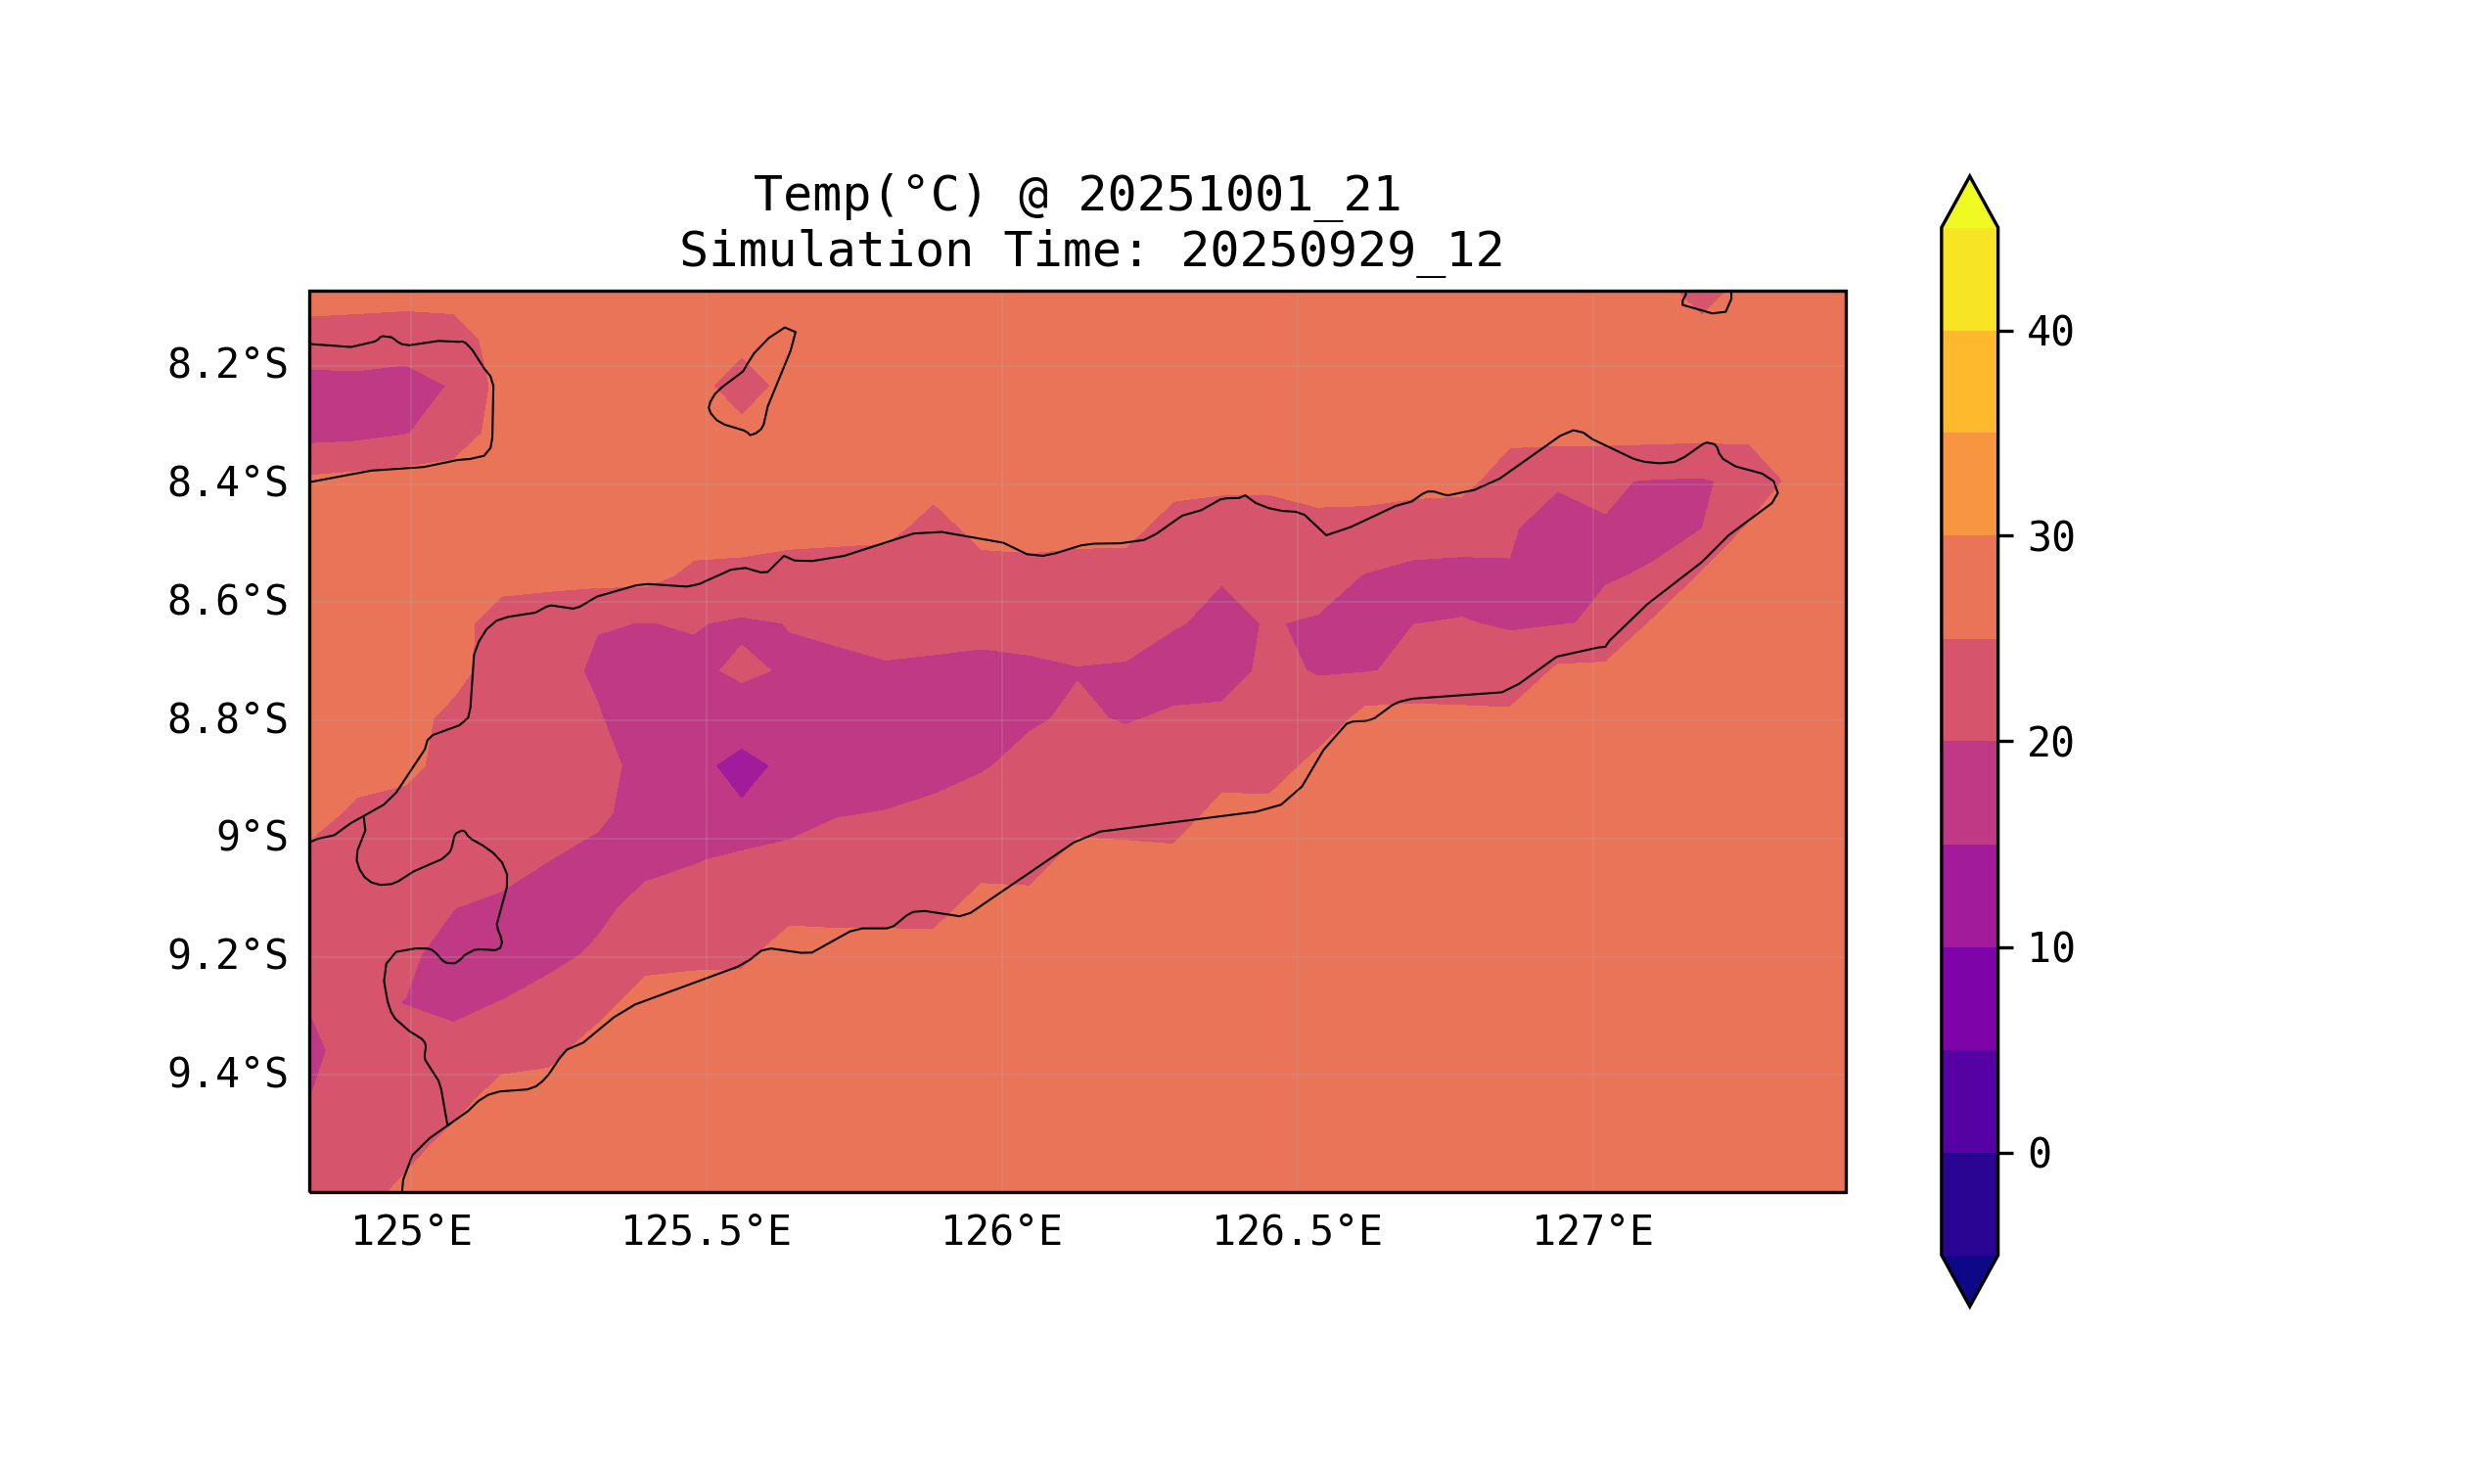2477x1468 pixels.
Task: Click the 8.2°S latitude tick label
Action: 226,365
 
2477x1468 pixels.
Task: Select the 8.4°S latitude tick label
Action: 226,483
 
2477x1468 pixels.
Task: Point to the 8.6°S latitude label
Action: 226,602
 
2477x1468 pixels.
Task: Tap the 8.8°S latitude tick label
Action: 226,720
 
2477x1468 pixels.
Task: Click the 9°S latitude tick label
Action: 252,838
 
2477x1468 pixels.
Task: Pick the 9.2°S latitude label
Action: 226,955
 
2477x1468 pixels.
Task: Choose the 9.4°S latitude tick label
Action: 226,1074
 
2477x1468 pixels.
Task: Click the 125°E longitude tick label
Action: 411,1232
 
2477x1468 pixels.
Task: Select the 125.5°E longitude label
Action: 706,1232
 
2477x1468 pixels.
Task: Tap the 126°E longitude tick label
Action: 1001,1232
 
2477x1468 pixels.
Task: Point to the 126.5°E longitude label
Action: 1296,1232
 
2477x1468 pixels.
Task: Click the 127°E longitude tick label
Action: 1591,1232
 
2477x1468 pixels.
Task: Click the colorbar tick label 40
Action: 2050,333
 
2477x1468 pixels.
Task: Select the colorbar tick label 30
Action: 2050,538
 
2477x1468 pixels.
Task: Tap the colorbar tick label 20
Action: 2050,743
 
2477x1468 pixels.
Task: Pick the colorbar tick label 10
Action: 2050,948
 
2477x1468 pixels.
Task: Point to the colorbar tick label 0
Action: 2039,1154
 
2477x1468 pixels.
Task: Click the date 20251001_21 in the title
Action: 1239,195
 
